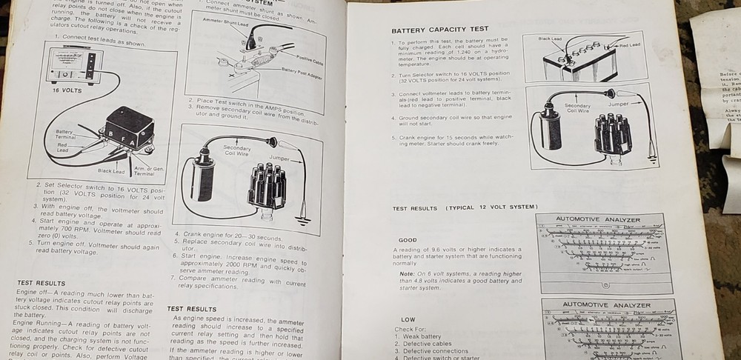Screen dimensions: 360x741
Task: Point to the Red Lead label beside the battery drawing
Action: point(630,45)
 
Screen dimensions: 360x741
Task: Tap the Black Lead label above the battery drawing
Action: point(550,38)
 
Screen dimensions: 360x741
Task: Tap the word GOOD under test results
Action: point(408,240)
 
